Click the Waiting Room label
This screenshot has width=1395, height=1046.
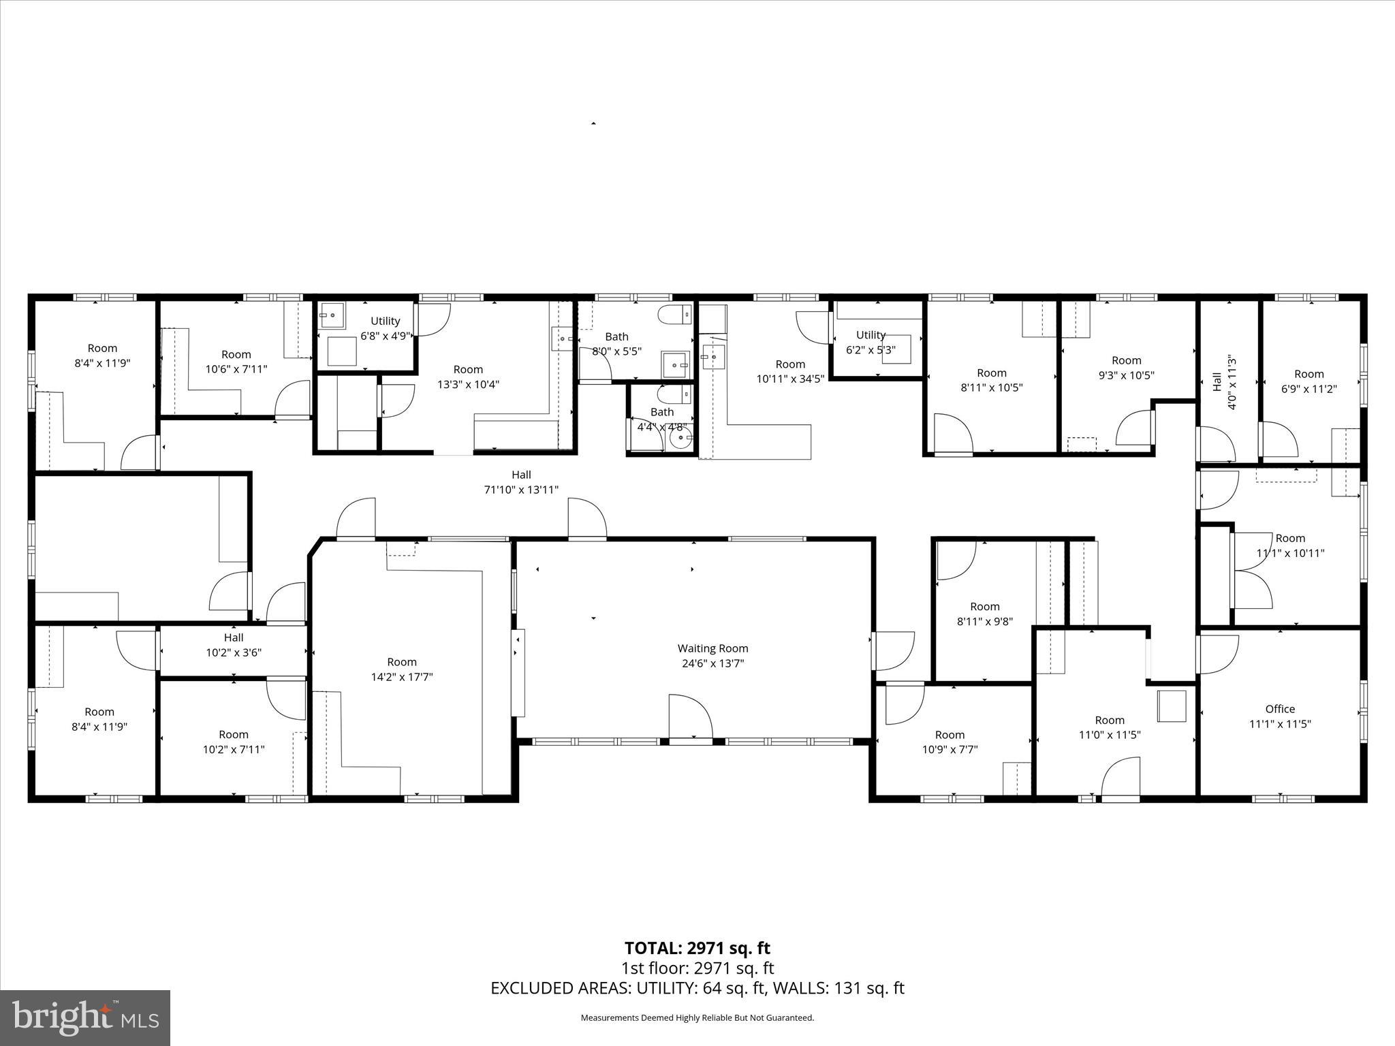click(x=712, y=648)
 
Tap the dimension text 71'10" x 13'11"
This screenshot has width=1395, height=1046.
click(x=521, y=490)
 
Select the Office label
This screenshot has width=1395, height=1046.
click(x=1280, y=709)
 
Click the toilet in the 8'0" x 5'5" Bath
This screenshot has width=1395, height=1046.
click(x=675, y=315)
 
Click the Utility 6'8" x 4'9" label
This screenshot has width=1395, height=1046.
click(x=385, y=328)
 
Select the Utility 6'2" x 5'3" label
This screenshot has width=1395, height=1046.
click(x=871, y=342)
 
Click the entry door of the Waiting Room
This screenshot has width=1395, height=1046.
click(x=691, y=718)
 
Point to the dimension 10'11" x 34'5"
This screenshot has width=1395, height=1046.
click(x=790, y=379)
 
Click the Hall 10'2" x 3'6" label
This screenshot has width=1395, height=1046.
click(x=234, y=645)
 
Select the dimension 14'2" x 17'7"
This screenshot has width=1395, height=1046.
click(x=401, y=677)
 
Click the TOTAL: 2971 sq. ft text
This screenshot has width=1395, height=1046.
click(x=697, y=948)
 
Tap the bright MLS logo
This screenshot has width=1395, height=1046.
click(x=85, y=1017)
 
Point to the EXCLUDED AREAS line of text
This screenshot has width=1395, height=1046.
click(x=697, y=988)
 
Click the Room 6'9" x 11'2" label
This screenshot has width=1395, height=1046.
click(x=1308, y=381)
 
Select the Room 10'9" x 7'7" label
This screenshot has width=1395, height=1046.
click(x=950, y=742)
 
